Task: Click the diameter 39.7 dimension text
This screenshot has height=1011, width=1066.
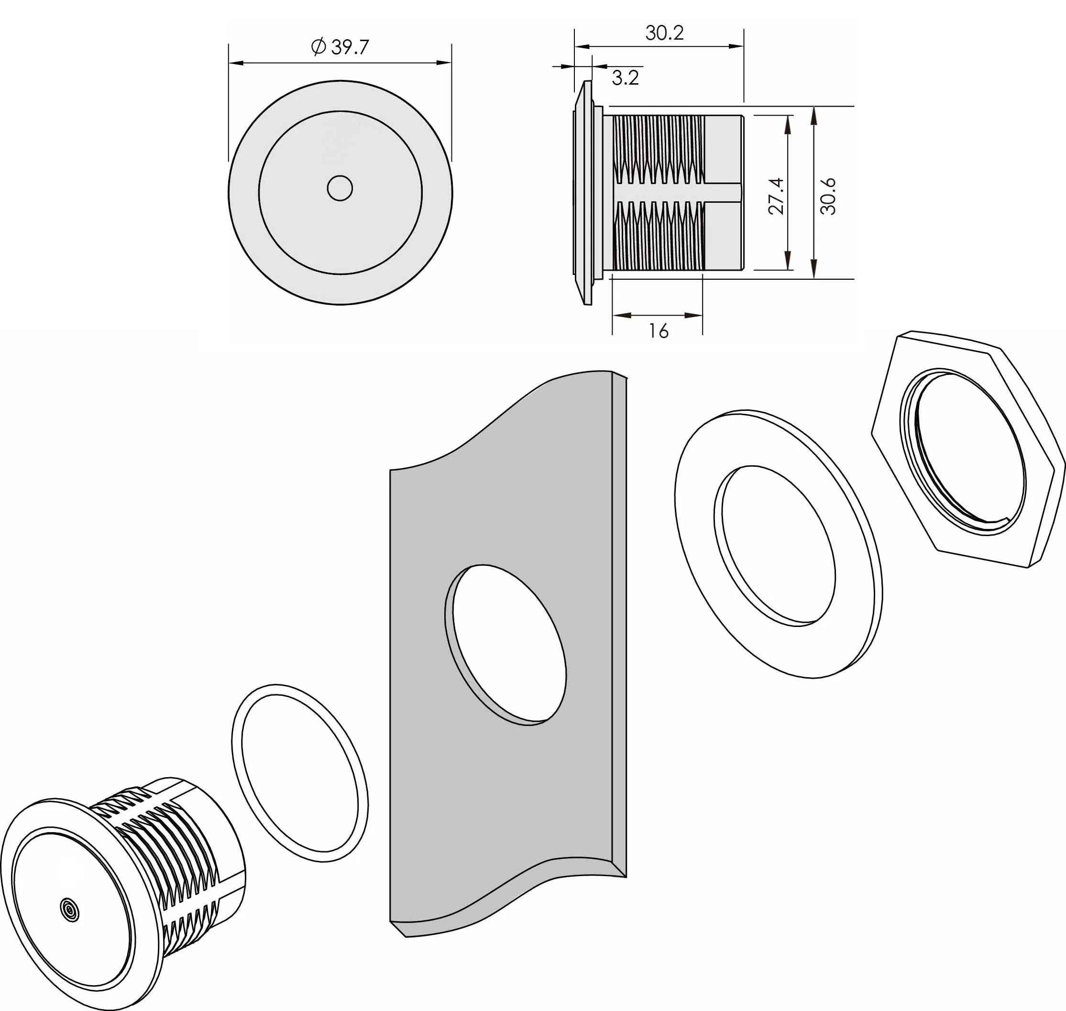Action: (x=340, y=47)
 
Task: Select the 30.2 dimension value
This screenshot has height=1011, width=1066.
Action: (x=664, y=33)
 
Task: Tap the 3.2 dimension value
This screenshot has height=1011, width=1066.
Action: (x=625, y=77)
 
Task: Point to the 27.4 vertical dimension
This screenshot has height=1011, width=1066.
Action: (x=777, y=196)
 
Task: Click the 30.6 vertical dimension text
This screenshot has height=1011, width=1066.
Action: (x=828, y=196)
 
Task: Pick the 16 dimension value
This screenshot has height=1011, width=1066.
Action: (x=659, y=331)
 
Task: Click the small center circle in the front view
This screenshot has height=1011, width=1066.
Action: (x=340, y=188)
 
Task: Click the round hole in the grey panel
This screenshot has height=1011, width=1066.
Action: (x=506, y=645)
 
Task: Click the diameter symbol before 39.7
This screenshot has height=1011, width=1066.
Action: (x=319, y=47)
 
